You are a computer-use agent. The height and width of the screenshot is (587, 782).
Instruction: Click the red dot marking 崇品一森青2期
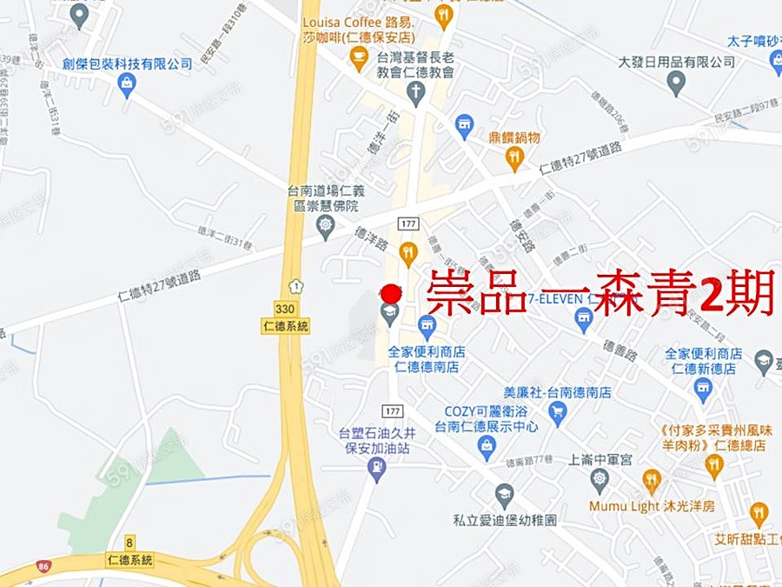(x=391, y=294)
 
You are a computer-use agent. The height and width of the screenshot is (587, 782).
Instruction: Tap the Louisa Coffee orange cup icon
(x=358, y=57)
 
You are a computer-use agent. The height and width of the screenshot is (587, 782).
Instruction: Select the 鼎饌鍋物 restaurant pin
(x=514, y=158)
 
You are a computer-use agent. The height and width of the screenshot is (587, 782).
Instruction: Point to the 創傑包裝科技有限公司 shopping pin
(x=127, y=83)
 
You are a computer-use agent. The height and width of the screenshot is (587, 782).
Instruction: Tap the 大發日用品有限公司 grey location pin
(x=676, y=83)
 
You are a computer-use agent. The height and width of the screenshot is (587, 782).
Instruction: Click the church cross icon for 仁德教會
(x=416, y=92)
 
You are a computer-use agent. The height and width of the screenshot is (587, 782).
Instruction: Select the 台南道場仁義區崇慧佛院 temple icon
(x=326, y=226)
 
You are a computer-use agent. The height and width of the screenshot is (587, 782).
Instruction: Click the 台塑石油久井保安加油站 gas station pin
(x=376, y=470)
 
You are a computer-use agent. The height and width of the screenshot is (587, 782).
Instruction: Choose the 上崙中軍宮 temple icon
(x=600, y=478)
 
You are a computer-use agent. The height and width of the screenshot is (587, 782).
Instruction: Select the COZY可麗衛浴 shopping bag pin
(x=487, y=447)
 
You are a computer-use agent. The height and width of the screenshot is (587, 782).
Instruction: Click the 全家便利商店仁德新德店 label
(x=704, y=361)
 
